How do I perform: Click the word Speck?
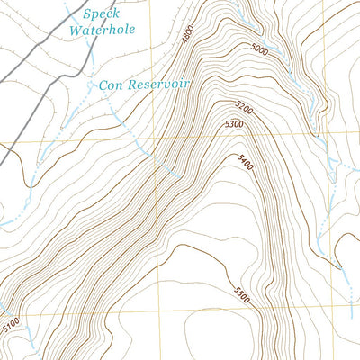(100, 13)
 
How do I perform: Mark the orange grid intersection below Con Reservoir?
(155, 141)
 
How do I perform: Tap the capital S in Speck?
(86, 13)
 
